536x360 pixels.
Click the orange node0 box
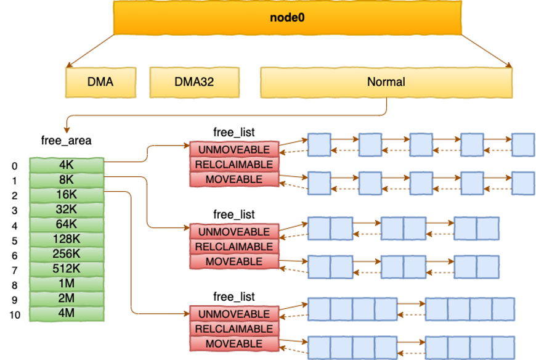[x=287, y=17]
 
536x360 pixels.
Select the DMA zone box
[x=100, y=82]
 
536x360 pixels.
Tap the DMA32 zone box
[x=194, y=82]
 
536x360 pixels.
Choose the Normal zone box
[x=386, y=82]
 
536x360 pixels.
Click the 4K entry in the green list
[x=67, y=165]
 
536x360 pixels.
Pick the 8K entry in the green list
[x=67, y=179]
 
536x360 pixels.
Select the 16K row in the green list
[x=67, y=194]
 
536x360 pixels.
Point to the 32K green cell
[x=67, y=209]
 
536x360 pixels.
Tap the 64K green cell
[x=67, y=224]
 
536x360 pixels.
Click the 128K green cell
[x=67, y=239]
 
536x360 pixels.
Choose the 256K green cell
[x=67, y=253]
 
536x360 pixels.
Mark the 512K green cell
[x=67, y=268]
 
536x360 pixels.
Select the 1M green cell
[x=67, y=283]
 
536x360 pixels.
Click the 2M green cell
[x=67, y=298]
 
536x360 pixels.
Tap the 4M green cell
[x=67, y=313]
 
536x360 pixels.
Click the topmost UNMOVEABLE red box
[x=233, y=150]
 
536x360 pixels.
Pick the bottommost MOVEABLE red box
[x=233, y=344]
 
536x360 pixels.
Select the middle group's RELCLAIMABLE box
[x=233, y=247]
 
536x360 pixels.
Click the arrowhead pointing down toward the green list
[x=66, y=130]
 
